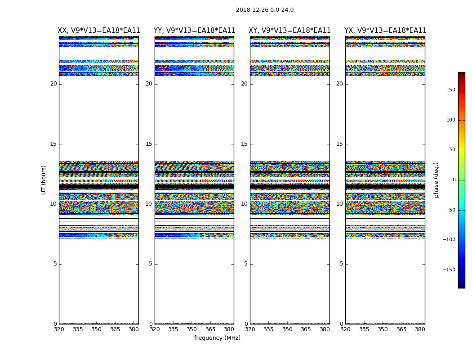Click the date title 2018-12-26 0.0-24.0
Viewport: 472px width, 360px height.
click(264, 10)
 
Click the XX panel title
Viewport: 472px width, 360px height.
click(99, 31)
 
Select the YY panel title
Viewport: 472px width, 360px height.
click(194, 31)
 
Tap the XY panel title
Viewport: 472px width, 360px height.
click(289, 31)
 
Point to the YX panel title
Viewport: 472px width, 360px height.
click(385, 31)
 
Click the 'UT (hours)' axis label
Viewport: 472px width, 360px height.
click(44, 180)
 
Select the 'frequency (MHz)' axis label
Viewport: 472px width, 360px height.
click(217, 338)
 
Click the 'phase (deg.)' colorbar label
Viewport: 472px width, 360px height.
click(436, 180)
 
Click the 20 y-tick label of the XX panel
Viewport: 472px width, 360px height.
click(53, 84)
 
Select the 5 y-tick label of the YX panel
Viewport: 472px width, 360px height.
click(341, 264)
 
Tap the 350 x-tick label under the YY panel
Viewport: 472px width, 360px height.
click(192, 329)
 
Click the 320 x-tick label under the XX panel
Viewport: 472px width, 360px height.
click(59, 329)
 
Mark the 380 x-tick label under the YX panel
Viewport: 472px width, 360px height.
click(420, 329)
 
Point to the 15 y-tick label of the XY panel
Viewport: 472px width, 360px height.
click(244, 144)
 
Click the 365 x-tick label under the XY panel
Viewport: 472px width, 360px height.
click(306, 329)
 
